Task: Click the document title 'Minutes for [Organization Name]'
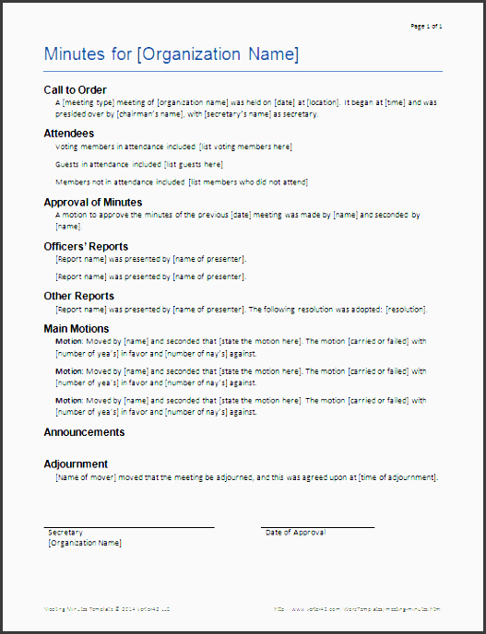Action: pyautogui.click(x=172, y=54)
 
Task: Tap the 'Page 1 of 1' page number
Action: pyautogui.click(x=426, y=26)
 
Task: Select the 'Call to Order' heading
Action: pyautogui.click(x=76, y=89)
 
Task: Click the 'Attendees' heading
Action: pyautogui.click(x=68, y=134)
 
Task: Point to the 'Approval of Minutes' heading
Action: pyautogui.click(x=93, y=202)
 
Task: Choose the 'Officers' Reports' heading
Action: pyautogui.click(x=86, y=246)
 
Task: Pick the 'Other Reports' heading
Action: pyautogui.click(x=79, y=296)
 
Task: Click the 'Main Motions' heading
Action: pyautogui.click(x=77, y=328)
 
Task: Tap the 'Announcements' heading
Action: pyautogui.click(x=84, y=432)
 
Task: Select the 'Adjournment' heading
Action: pyautogui.click(x=76, y=464)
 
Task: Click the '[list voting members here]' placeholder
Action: pyautogui.click(x=245, y=147)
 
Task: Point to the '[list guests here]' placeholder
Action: pyautogui.click(x=194, y=164)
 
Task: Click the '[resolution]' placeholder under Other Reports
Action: pyautogui.click(x=406, y=309)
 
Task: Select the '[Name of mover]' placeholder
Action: pyautogui.click(x=86, y=477)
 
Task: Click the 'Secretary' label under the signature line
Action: pyautogui.click(x=65, y=533)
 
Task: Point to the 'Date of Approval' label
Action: pyautogui.click(x=295, y=533)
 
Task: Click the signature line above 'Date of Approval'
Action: pyautogui.click(x=317, y=527)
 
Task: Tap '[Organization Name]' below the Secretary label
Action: pyautogui.click(x=84, y=543)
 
